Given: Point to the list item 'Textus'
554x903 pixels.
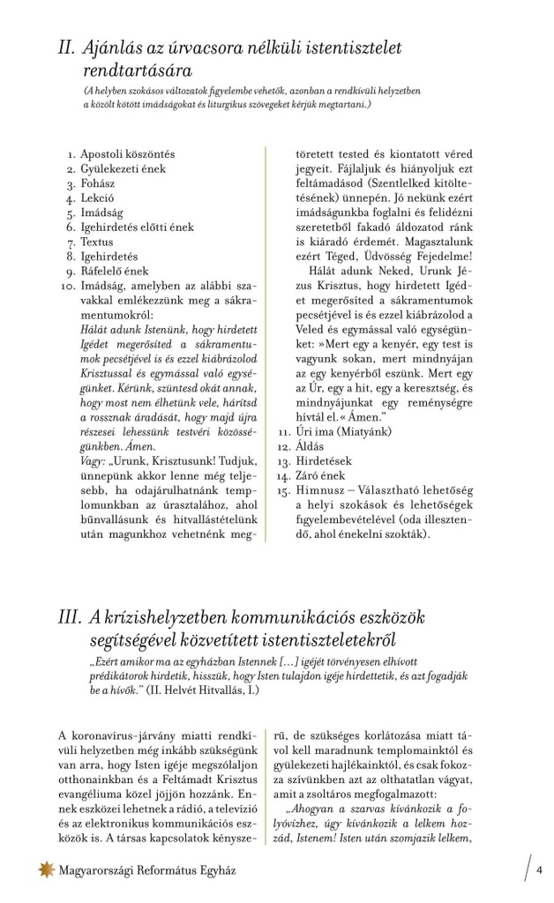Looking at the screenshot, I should point(97,242).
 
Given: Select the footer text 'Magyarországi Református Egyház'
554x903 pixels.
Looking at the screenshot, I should point(147,870).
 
